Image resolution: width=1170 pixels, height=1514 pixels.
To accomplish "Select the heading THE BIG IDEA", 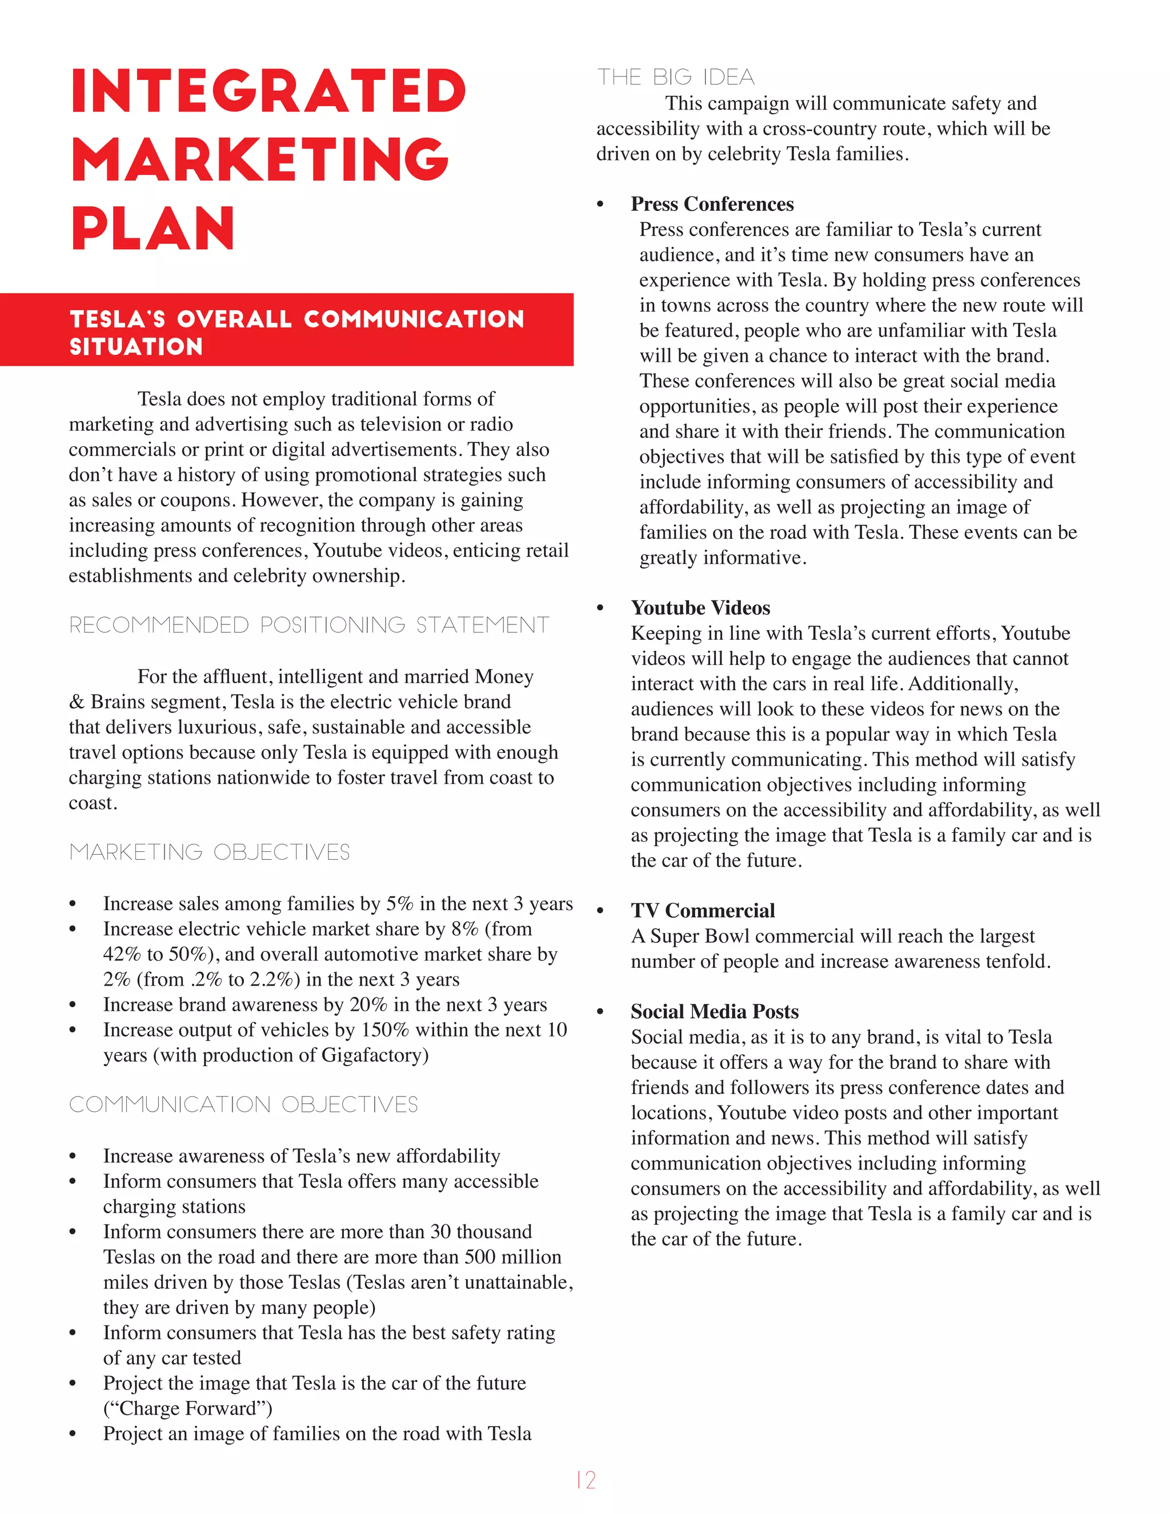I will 676,77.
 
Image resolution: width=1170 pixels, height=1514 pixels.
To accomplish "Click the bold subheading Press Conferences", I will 712,204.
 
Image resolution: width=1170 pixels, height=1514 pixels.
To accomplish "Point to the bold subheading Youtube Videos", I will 700,608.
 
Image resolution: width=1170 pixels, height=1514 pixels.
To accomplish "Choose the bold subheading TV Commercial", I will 702,910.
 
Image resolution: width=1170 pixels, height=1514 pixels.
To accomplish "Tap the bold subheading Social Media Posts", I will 714,1011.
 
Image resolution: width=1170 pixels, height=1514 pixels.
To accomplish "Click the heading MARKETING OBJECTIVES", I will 209,852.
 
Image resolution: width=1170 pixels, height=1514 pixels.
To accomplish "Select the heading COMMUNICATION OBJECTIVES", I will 243,1104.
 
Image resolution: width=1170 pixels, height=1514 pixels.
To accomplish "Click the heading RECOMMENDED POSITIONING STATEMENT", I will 309,625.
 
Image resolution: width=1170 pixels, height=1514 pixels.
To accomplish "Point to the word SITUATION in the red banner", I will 136,347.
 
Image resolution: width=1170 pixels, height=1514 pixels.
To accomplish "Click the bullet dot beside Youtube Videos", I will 600,608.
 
